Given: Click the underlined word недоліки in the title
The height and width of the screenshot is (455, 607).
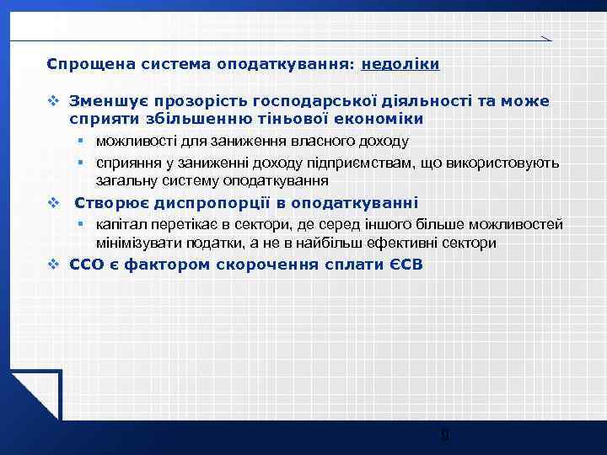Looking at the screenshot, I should click(x=400, y=63).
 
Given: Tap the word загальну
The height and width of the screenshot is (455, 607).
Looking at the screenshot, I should click(x=126, y=180).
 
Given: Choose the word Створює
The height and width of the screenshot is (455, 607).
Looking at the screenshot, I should click(x=112, y=203).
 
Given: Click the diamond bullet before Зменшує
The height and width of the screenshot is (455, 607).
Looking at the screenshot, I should click(x=53, y=101).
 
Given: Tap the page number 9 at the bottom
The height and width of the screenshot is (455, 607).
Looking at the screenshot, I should click(x=445, y=436).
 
